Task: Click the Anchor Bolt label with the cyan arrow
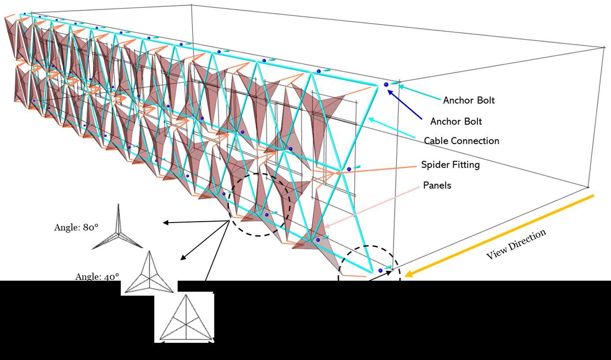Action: [469, 100]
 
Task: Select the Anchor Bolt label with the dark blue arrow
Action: [456, 122]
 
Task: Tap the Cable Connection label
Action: [461, 141]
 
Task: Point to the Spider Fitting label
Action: [450, 165]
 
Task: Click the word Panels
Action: [437, 186]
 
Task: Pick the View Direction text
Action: [516, 244]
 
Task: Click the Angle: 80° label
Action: [76, 227]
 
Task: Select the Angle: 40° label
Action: [97, 277]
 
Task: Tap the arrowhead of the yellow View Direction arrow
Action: [408, 274]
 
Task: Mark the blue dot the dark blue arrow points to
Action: [386, 85]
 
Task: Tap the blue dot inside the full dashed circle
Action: [267, 215]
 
